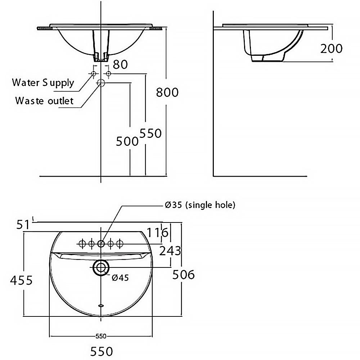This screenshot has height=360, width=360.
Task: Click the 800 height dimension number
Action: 167,92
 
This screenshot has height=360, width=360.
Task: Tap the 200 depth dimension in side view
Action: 331,49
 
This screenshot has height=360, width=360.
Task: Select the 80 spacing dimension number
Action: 120,64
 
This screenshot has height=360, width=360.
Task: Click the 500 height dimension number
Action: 127,141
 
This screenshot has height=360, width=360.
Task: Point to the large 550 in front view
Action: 150,133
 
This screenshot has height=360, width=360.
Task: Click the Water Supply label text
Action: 43,83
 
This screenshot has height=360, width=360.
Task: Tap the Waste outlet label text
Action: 44,100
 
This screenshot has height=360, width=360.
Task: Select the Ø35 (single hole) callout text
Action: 200,204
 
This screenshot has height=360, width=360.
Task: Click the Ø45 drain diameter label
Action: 120,278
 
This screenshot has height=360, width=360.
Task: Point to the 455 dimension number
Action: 21,280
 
